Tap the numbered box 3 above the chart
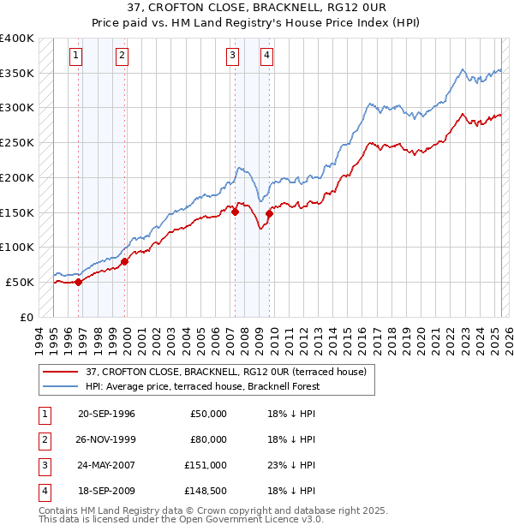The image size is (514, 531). point(232,57)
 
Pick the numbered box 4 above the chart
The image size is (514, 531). point(267,57)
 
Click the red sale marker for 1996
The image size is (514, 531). point(78,281)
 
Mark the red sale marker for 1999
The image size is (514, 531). point(125,260)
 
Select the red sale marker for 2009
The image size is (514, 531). point(269,213)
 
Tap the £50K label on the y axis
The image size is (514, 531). point(20,282)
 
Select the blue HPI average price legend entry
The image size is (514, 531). point(202,386)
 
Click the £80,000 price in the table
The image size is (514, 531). point(208,439)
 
